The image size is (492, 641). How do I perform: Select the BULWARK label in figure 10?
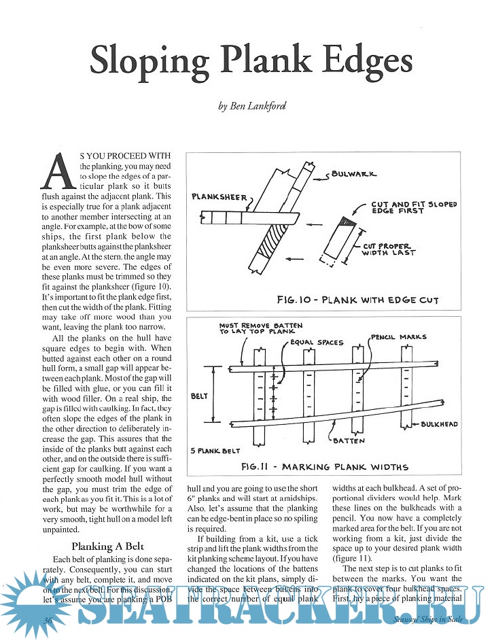pos(353,174)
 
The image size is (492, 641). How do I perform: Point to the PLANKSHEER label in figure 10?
pos(219,196)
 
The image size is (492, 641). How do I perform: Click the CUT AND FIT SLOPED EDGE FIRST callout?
pos(414,207)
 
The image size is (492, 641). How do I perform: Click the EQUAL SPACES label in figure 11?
pos(316,342)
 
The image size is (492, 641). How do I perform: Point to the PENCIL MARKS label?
pos(398,336)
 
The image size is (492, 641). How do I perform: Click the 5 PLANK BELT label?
pos(216,450)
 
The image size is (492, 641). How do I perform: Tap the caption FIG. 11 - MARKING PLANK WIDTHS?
pos(324,466)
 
